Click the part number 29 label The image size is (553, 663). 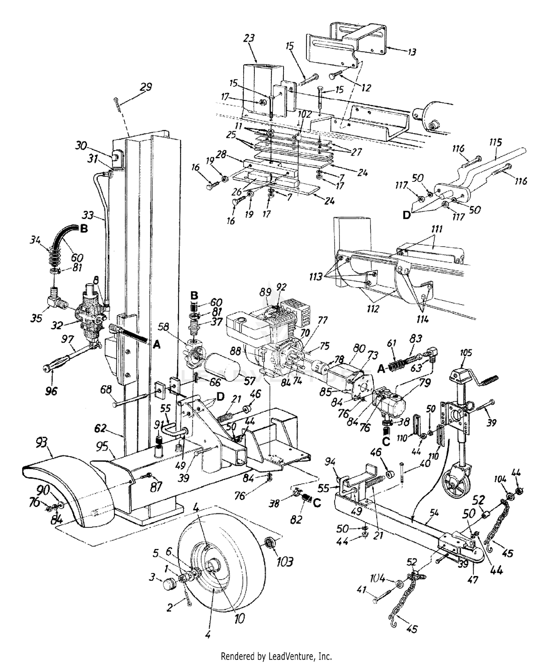click(146, 87)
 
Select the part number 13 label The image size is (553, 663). click(411, 52)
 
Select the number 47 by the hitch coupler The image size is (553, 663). click(473, 579)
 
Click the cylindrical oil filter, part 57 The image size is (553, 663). click(221, 368)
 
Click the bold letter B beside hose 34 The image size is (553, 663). click(84, 229)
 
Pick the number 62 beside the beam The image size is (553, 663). click(101, 428)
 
